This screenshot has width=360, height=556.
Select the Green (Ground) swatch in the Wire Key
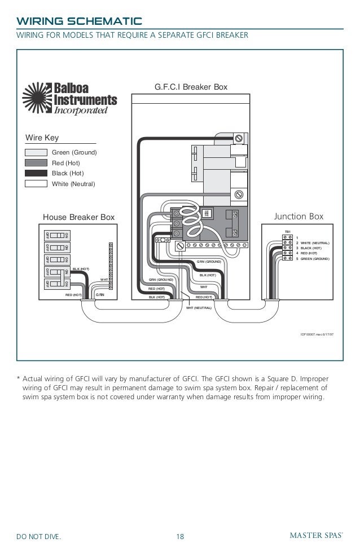tap(36, 153)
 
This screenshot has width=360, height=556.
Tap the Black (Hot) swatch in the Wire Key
tap(36, 173)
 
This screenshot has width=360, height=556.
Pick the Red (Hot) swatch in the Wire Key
tap(36, 163)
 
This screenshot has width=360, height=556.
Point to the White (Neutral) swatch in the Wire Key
tap(36, 183)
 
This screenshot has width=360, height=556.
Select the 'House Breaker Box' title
tap(79, 217)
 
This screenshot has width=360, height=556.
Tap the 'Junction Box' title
tap(298, 216)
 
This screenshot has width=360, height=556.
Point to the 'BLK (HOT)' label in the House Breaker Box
tap(81, 269)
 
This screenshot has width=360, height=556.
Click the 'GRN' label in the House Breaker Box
tap(99, 294)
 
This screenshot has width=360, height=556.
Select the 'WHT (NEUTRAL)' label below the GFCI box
tap(199, 308)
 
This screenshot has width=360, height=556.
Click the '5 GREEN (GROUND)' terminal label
tap(314, 258)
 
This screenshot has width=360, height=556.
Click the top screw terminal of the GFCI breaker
tap(239, 138)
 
